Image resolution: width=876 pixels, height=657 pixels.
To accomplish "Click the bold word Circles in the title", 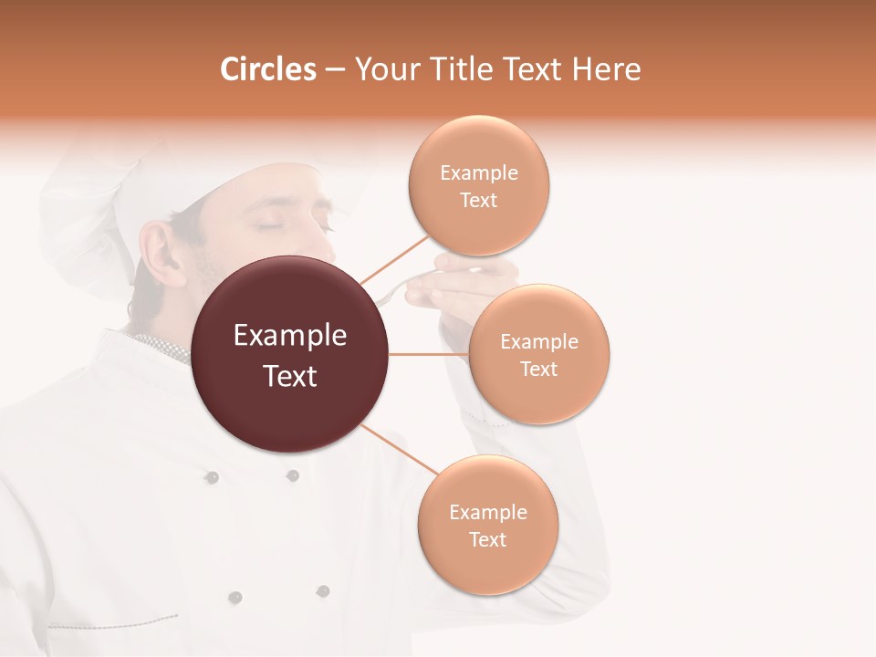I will pos(267,69).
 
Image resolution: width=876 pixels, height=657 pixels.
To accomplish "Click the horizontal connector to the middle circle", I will pos(428,354).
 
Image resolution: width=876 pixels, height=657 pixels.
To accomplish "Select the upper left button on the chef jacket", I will pos(212,477).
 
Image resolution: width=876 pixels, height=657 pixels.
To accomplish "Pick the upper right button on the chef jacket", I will pos(293,475).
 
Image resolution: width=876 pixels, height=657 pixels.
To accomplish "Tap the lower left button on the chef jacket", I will pos(235,597).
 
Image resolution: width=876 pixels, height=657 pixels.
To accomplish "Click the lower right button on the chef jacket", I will pos(322,591).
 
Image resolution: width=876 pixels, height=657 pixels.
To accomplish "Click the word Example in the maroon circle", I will pos(290,336).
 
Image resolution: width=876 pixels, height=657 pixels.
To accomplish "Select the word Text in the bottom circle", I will pos(487,539).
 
